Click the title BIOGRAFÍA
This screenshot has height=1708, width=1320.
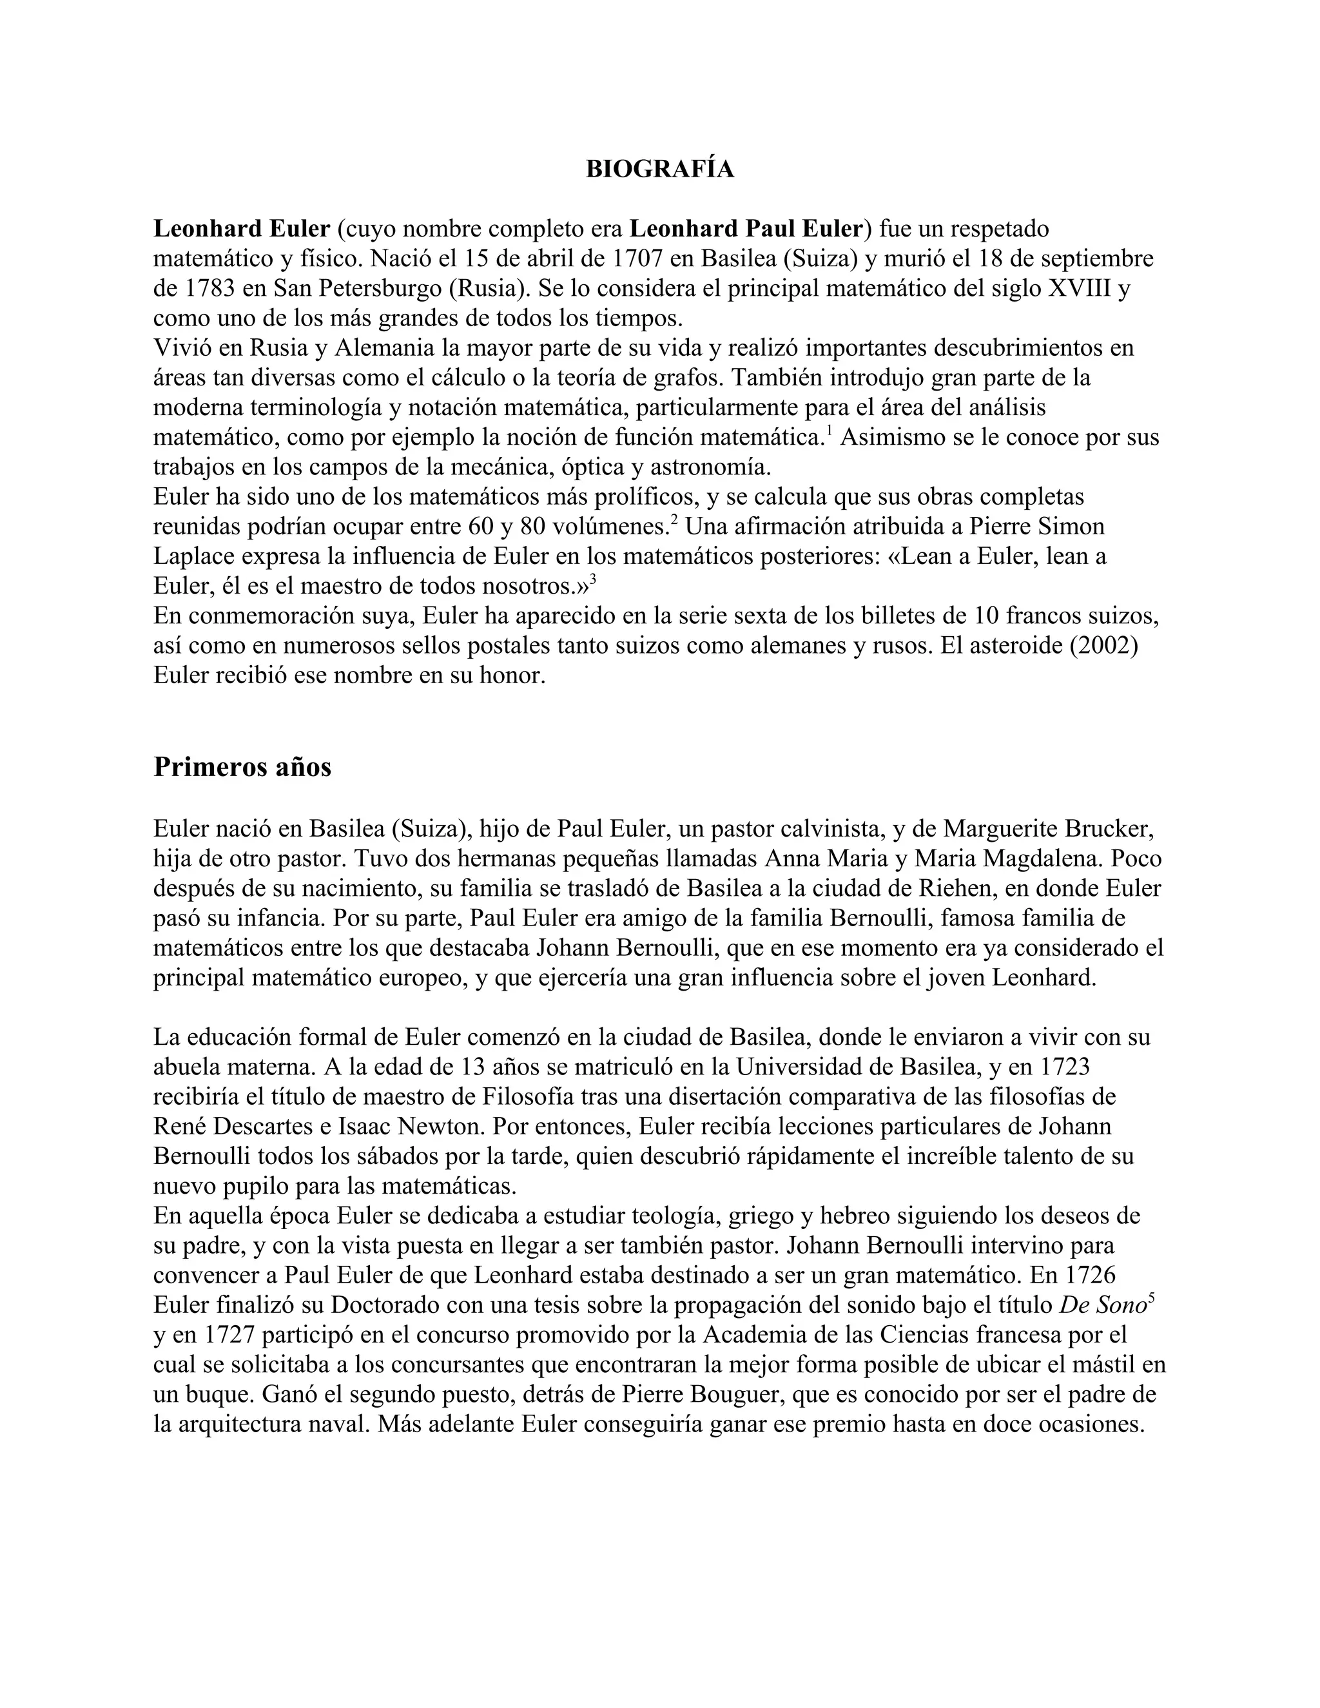pyautogui.click(x=660, y=169)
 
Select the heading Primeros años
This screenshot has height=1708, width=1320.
pyautogui.click(x=242, y=767)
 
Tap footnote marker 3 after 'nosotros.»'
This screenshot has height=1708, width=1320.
pyautogui.click(x=593, y=579)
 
